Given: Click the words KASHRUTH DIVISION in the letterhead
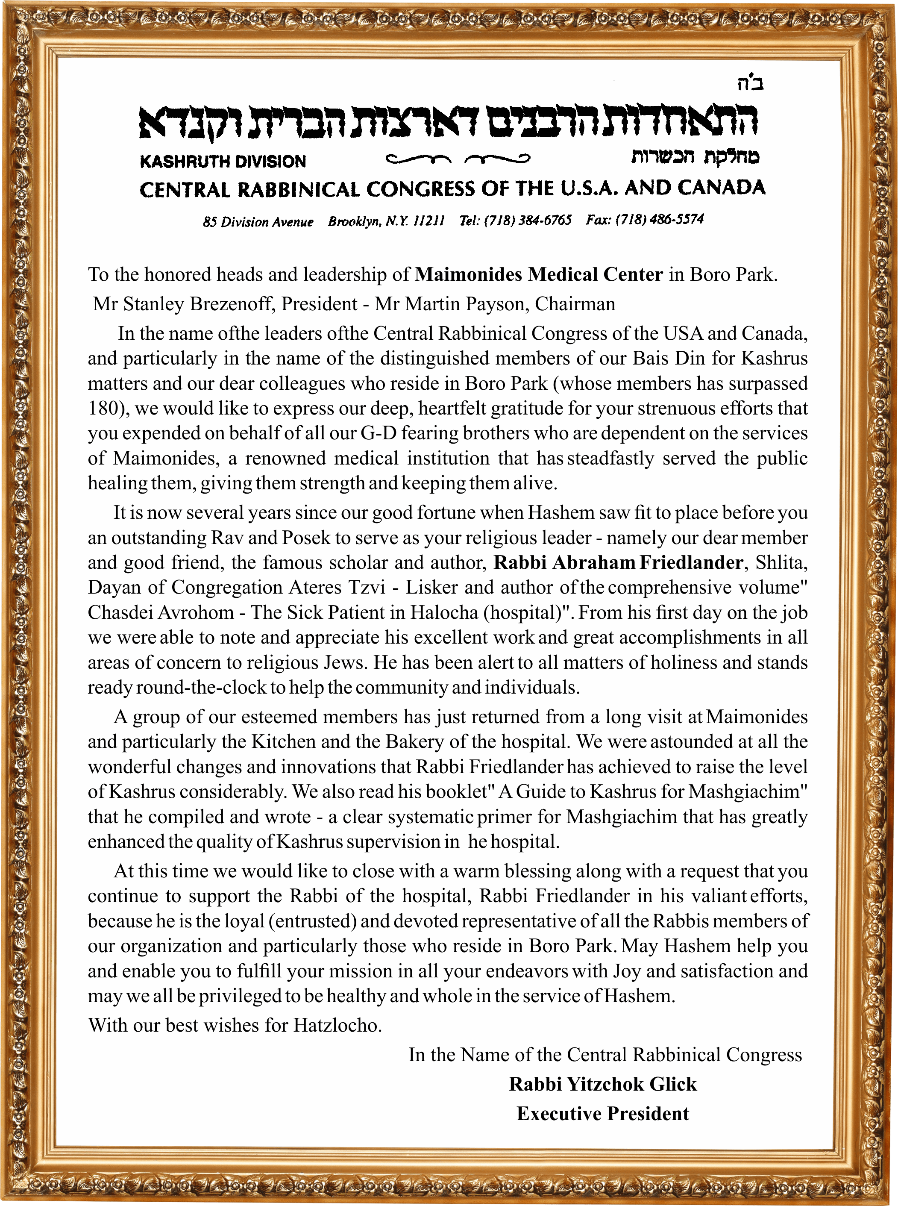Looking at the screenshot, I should click(223, 162).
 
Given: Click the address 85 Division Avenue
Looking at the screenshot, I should click(258, 222).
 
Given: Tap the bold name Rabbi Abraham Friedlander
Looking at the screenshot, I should click(618, 562).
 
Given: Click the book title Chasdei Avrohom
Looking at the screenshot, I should click(161, 612).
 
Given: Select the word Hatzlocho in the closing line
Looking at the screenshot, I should click(337, 1025).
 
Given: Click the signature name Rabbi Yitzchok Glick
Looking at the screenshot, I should click(602, 1084).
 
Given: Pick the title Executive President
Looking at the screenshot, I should click(602, 1114).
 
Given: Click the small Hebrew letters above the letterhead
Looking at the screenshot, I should click(750, 83).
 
